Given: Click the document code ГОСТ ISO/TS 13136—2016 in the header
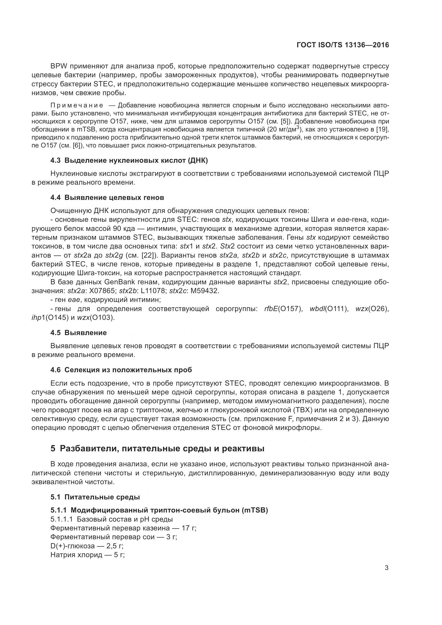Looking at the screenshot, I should [x=343, y=45].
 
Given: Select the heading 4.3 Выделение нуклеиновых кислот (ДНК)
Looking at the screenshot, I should [x=129, y=161].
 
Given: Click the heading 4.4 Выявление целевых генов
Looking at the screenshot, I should [x=107, y=198].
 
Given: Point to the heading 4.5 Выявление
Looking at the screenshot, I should [x=79, y=333].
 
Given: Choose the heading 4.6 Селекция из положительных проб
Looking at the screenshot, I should [x=121, y=370].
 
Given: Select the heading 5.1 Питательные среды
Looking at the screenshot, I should [x=95, y=497].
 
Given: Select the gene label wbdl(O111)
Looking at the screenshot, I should [x=329, y=309].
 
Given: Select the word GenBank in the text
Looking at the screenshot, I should [x=120, y=282].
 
